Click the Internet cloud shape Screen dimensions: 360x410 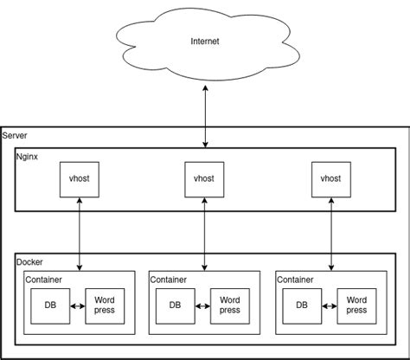205,42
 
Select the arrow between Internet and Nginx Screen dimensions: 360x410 205,117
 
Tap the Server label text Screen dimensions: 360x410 15,136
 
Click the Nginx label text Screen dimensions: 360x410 27,157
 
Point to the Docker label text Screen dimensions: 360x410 29,261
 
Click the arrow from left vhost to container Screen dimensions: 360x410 80,232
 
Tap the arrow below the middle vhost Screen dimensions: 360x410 205,232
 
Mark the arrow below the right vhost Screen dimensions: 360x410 330,232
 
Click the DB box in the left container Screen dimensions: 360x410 50,305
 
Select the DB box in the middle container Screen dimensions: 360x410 175,305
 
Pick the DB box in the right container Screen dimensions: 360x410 302,305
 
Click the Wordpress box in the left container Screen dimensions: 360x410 105,305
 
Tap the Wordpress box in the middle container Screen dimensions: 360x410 229,305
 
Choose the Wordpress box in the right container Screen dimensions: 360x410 356,305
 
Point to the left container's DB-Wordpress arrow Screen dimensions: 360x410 77,305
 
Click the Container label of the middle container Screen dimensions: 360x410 169,280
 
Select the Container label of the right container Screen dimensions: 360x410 295,280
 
